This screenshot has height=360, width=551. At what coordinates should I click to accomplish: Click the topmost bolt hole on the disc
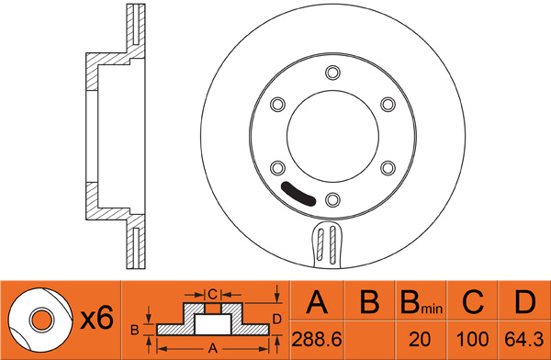coord(332,73)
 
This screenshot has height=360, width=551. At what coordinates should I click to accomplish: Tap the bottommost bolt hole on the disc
coord(332,200)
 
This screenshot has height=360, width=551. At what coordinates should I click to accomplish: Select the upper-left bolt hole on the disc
coord(277,105)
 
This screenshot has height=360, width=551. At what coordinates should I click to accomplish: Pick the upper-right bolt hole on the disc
coord(388,105)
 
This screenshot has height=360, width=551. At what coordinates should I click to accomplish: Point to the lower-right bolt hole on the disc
coord(388,168)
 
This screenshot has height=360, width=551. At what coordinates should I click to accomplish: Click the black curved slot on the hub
coord(298,195)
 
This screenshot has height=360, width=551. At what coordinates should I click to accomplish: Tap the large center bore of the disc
coord(332,137)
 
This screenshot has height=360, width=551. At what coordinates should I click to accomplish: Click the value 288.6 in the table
coord(317,340)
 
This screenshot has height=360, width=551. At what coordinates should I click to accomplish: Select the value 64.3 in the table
coord(524,340)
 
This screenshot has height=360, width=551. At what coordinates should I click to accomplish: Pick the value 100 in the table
coord(472,340)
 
